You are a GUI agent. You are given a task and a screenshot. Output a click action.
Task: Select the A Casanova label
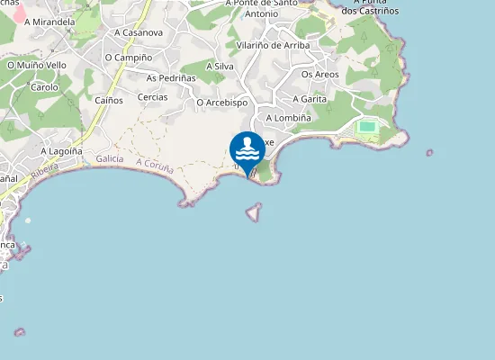click(139, 33)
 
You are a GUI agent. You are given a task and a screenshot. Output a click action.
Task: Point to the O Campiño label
click(127, 58)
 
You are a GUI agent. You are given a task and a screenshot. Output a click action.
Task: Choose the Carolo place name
click(44, 88)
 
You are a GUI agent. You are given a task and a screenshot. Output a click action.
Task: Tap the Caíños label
click(109, 100)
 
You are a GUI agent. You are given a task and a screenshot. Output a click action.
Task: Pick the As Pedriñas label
click(170, 77)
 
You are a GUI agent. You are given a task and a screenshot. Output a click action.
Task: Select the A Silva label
click(221, 67)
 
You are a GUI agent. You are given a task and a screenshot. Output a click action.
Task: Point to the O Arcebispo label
click(221, 103)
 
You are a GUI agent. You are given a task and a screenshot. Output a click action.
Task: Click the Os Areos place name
click(320, 75)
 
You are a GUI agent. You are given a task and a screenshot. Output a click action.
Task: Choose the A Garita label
click(309, 99)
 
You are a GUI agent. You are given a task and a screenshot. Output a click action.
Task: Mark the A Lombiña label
click(289, 118)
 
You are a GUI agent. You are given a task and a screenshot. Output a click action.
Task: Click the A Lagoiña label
click(61, 151)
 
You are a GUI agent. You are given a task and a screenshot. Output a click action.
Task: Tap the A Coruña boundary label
click(156, 166)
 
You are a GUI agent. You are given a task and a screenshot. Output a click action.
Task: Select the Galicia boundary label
click(109, 158)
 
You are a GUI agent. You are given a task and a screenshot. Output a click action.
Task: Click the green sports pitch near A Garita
click(367, 126)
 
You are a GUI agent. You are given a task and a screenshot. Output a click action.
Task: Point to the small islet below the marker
click(255, 211)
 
